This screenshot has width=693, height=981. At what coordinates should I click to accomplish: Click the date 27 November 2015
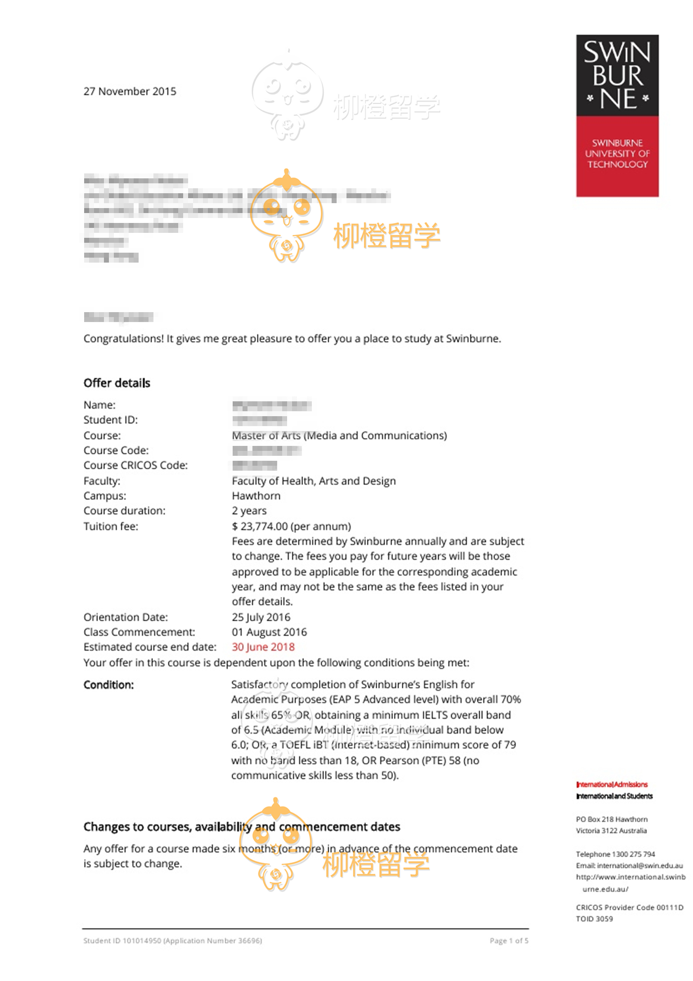pos(130,92)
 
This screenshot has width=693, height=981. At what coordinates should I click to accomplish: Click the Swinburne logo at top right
pos(617,115)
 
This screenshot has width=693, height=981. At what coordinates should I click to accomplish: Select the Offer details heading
pos(117,383)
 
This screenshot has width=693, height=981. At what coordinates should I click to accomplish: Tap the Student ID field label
pos(110,420)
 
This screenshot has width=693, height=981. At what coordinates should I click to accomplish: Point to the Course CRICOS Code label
pos(136,465)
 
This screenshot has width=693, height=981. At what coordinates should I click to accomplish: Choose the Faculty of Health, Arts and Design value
pos(313,481)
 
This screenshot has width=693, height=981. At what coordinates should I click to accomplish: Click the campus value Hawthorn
pos(256,496)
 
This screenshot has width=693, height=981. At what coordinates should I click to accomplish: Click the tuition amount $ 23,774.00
pos(260,526)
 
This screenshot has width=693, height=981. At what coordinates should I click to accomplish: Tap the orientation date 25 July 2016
pos(261,617)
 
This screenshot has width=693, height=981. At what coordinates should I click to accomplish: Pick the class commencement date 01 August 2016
pos(269,632)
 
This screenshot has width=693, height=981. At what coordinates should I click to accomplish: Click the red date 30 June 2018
pos(263,647)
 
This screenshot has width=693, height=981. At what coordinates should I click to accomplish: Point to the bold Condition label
pos(108,685)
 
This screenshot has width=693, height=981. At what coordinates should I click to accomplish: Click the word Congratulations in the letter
pos(123,339)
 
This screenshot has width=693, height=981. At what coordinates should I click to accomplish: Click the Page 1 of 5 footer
pos(509,940)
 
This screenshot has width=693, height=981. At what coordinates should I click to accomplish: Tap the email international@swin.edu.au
pos(640,866)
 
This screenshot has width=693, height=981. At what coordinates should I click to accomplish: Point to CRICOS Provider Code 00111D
pos(629,907)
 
